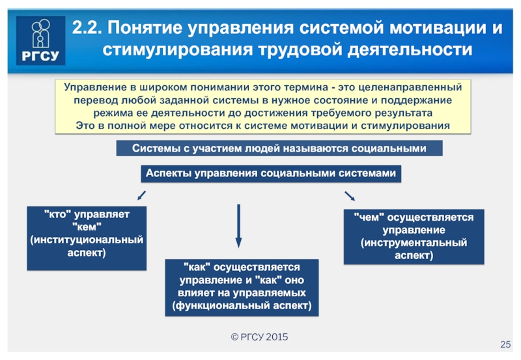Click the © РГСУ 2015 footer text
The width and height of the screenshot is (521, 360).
[x=259, y=337]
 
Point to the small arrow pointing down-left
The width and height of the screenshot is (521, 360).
[x=141, y=195]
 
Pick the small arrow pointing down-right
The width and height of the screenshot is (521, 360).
[x=350, y=195]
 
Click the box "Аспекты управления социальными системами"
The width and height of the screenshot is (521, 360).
[x=270, y=174]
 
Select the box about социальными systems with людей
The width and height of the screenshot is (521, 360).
[x=279, y=148]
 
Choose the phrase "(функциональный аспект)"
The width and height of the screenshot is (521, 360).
[x=242, y=305]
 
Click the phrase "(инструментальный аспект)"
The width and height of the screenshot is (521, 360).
[x=414, y=249]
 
